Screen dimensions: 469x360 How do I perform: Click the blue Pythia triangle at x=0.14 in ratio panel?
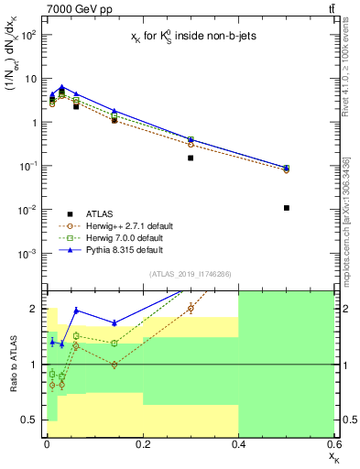coord(114,322)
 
